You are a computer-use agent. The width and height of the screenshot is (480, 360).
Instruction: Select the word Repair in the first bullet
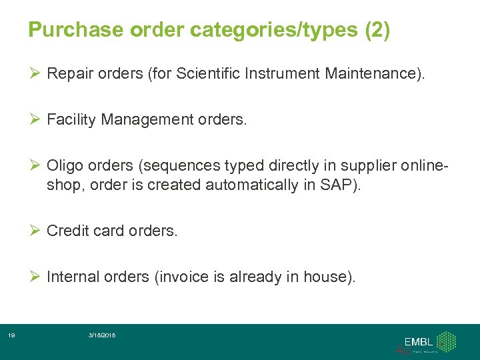69,73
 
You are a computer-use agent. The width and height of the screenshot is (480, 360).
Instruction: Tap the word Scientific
208,73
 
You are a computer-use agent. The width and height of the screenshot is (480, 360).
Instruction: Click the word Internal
73,277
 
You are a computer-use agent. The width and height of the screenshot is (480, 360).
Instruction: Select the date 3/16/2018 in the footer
101,335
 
